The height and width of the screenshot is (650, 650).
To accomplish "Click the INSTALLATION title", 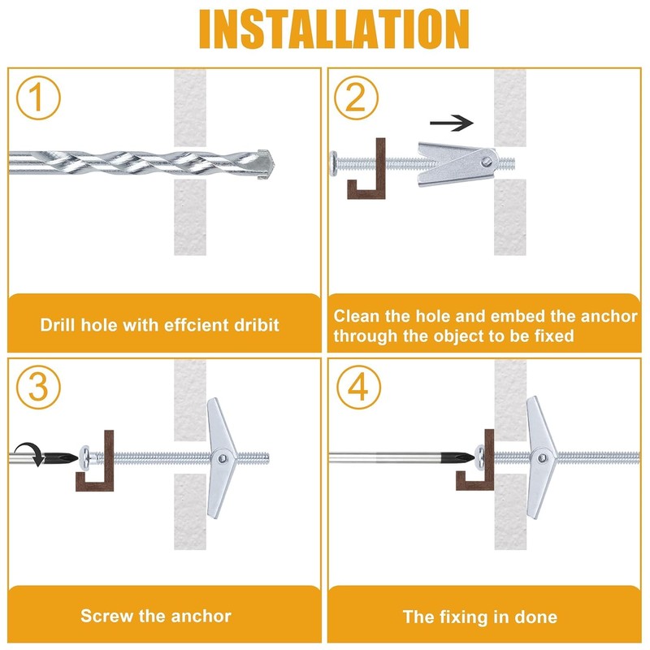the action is (334, 29).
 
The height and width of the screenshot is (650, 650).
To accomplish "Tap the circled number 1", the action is (38, 97).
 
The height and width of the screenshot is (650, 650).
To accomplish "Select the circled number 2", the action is (357, 97).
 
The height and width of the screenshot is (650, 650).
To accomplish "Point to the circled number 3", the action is (38, 388).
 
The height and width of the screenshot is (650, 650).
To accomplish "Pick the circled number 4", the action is (358, 388).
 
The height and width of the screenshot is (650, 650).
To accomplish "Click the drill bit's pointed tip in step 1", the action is (274, 165).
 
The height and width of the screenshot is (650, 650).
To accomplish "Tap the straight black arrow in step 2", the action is (452, 123).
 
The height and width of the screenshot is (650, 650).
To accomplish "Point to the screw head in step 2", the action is (334, 164).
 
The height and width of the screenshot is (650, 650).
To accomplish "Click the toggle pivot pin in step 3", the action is (223, 458).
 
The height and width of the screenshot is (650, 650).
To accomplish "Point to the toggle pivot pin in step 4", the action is (543, 457).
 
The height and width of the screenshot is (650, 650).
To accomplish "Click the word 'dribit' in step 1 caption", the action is (257, 325).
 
